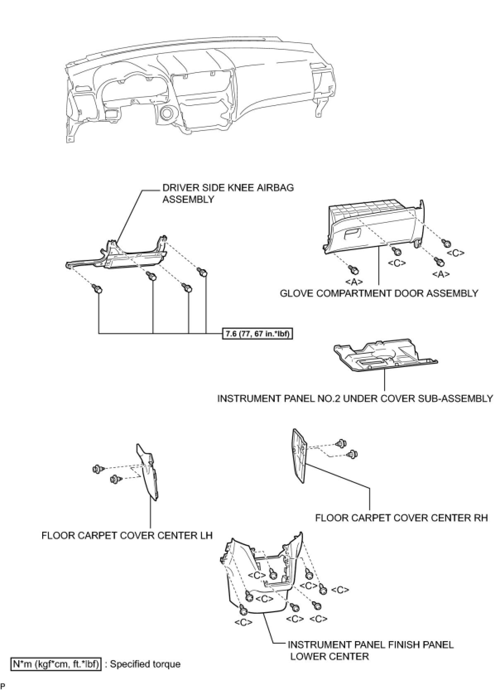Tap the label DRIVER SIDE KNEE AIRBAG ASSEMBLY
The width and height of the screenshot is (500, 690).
pos(228,193)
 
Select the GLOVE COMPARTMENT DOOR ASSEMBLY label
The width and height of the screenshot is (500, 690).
pos(379,293)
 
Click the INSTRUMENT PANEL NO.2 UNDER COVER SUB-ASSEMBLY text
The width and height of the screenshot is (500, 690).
pos(355,398)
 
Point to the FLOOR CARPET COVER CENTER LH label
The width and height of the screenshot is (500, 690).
pos(127,536)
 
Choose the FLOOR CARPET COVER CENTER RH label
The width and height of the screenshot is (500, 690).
pos(401,518)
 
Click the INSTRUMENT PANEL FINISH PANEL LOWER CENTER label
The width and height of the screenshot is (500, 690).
pos(370,650)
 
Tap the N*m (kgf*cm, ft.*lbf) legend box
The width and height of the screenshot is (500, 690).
pos(56,664)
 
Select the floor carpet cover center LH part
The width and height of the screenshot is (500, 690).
pos(148,472)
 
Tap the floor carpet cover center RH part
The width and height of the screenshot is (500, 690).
pos(300,456)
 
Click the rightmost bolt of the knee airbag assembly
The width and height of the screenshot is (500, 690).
pos(203,272)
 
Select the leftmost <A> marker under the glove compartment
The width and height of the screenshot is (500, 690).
pos(354,282)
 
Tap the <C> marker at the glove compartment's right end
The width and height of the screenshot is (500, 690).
pos(455,253)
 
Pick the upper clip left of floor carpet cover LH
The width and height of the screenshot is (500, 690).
pos(98,469)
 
